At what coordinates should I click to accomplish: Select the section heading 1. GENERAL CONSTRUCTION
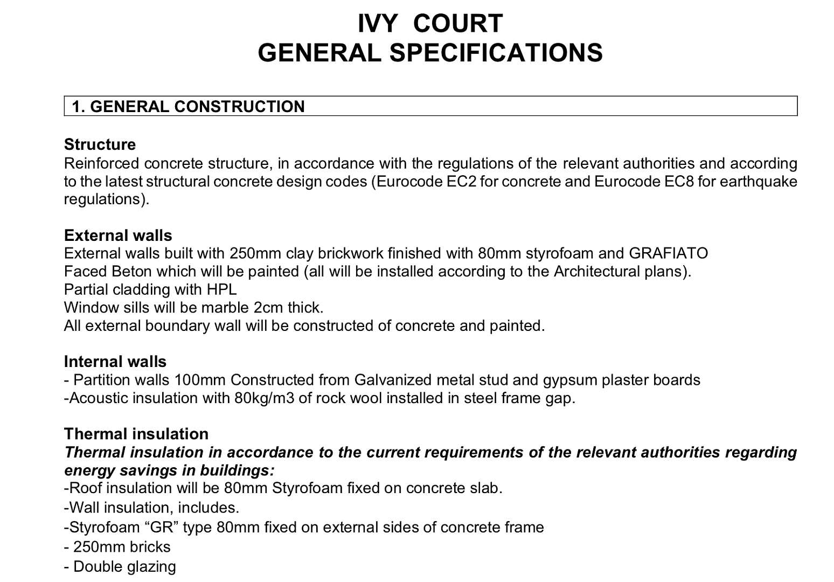[189, 107]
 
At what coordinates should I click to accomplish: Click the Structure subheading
[100, 144]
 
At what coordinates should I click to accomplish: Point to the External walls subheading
[118, 235]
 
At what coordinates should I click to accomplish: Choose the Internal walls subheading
[115, 362]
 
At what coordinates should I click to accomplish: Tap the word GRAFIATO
[668, 253]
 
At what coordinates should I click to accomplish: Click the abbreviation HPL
[221, 289]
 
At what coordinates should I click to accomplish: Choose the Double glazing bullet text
[124, 567]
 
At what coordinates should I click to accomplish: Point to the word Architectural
[597, 271]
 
